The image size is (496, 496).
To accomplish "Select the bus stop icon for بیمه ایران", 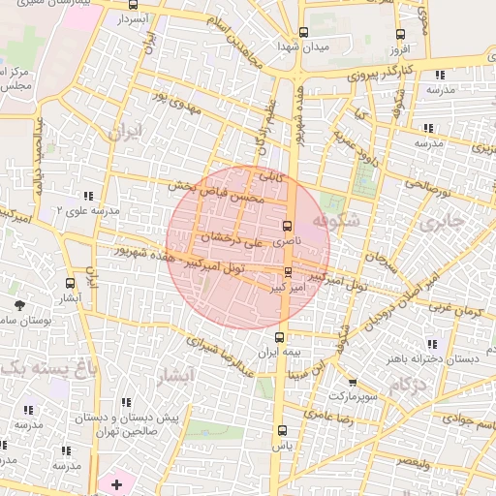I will point(280,337).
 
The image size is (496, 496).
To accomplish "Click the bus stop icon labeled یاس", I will point(282,430).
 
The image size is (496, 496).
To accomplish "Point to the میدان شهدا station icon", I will point(304,33).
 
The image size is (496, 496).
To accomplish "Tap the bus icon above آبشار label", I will point(70,283).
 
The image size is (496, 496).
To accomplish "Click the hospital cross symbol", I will point(117,483).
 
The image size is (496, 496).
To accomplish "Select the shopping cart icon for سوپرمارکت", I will point(352,383).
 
